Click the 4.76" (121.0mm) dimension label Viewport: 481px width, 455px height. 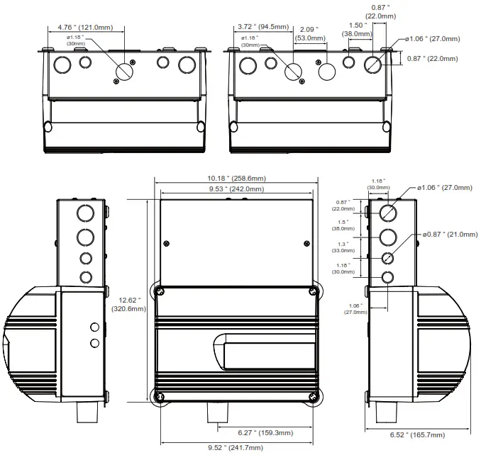(84, 28)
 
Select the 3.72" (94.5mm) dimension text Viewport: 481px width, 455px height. (263, 28)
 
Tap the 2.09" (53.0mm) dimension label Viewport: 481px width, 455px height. (307, 33)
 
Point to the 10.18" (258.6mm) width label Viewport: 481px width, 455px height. (237, 178)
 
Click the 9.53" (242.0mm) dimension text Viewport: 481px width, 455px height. (236, 189)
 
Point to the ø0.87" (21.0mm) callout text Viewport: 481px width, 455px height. (448, 235)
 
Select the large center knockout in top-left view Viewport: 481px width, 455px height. (126, 71)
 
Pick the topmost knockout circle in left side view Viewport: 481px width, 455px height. (85, 213)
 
